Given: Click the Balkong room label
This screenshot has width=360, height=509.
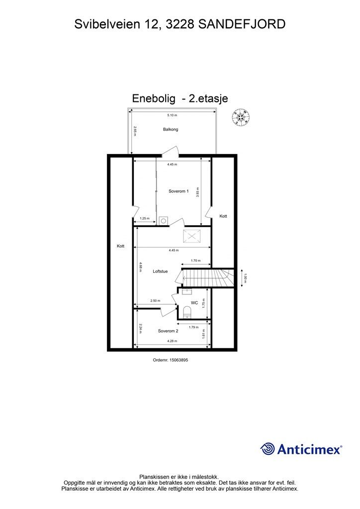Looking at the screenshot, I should [x=170, y=129].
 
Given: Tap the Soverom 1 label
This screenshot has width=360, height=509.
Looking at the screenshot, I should [x=179, y=191].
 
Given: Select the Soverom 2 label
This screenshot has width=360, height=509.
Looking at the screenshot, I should [x=168, y=331].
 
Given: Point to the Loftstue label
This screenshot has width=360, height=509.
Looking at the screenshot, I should [x=161, y=271].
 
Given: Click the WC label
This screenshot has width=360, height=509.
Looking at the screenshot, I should [x=194, y=302].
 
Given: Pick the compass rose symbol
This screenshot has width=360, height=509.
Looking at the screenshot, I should [x=241, y=117].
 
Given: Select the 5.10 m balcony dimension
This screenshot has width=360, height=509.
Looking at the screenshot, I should [x=172, y=115].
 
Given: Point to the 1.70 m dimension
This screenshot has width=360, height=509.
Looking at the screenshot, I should [x=195, y=260].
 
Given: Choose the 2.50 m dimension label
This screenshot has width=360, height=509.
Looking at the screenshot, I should [x=155, y=300].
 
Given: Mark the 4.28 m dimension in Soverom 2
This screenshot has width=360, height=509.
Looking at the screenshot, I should [x=173, y=341].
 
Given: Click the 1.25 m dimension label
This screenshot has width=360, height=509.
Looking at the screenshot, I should [x=144, y=218].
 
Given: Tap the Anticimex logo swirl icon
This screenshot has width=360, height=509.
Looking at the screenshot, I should [x=268, y=449].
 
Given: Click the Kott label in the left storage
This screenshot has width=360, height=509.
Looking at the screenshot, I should [x=120, y=246].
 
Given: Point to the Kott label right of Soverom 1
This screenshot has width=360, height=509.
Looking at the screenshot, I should [x=223, y=216].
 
